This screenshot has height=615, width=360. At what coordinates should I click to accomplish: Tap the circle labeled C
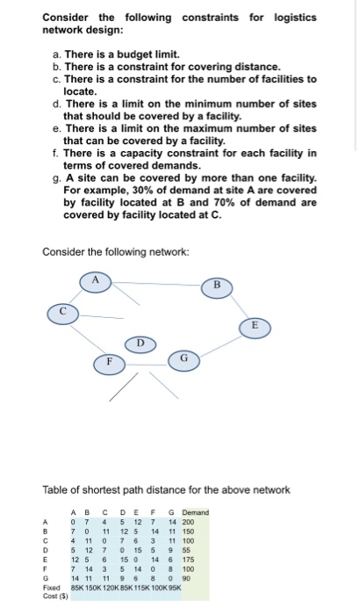click(63, 311)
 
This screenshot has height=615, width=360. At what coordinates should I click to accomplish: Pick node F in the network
click(110, 360)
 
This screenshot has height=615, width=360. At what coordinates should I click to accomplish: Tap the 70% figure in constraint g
click(205, 201)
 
